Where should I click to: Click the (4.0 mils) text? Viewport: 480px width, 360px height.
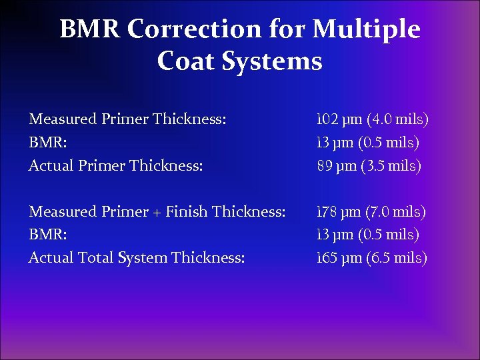397,120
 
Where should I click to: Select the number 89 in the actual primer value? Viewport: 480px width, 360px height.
325,166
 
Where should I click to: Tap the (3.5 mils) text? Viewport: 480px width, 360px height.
391,166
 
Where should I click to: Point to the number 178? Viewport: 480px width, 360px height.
326,212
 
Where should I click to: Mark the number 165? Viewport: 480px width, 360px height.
326,258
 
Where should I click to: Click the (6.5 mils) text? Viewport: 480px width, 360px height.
397,258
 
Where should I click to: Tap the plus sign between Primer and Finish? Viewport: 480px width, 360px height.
157,213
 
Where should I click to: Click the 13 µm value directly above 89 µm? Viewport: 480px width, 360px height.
339,143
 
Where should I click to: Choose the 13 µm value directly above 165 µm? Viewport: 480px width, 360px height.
339,235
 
